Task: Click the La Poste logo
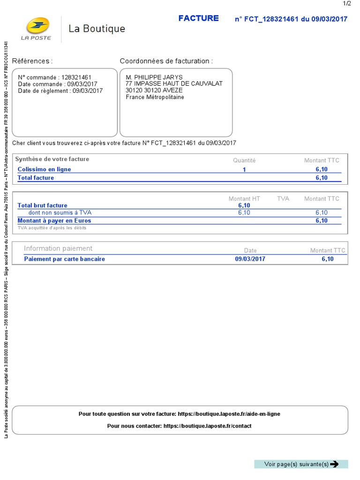pos(36,28)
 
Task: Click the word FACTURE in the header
pos(198,18)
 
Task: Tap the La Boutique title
pos(97,29)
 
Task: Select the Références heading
pos(32,61)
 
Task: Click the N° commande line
pos(54,77)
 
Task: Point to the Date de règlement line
pos(60,91)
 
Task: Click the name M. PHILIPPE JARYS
pos(154,77)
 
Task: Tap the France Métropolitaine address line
pos(155,97)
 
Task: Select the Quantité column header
pos(244,160)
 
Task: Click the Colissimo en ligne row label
pos(44,169)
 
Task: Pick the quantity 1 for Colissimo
pos(244,170)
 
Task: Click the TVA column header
pos(283,199)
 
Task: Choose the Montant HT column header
pos(244,199)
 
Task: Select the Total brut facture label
pos(42,205)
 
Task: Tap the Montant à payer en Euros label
pos(54,220)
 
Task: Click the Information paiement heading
pos(58,248)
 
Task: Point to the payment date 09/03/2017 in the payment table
pos(250,259)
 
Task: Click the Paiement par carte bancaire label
pos(64,259)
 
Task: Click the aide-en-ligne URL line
pos(180,414)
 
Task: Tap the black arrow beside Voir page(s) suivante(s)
pos(334,464)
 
